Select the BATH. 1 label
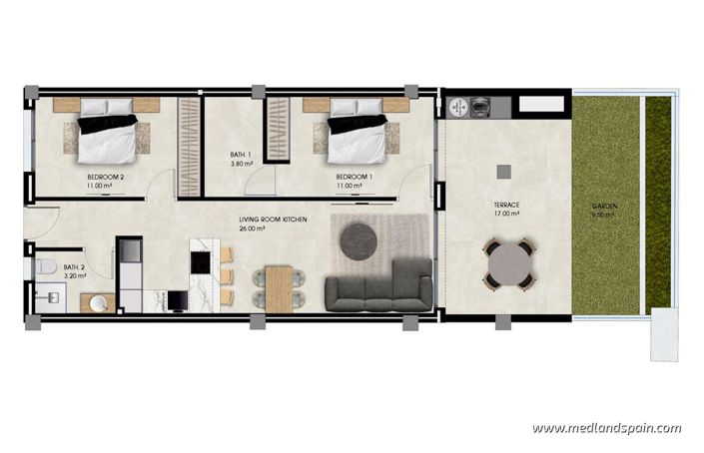[240, 155]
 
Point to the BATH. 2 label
[74, 267]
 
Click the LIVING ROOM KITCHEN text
[273, 219]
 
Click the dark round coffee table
[358, 239]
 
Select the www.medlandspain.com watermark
[606, 428]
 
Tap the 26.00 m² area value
[253, 228]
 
